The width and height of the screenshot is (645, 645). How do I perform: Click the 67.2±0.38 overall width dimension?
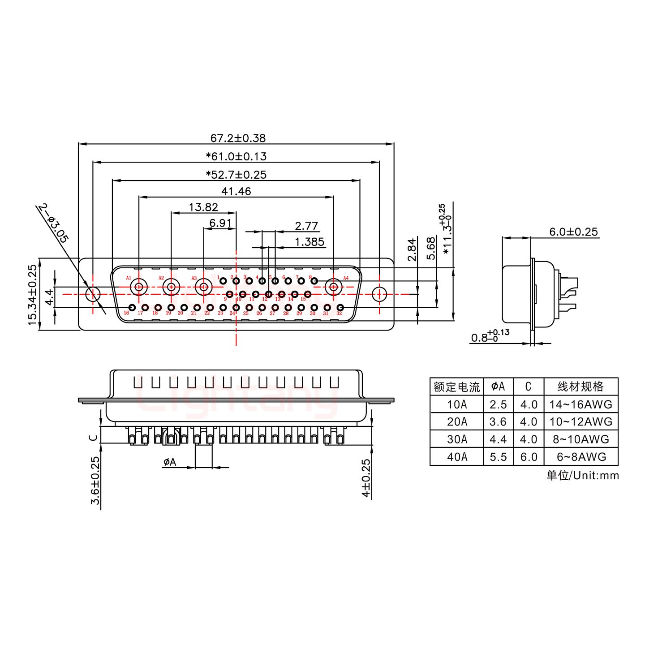pyautogui.click(x=238, y=138)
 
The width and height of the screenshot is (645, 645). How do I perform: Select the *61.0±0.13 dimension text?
pyautogui.click(x=236, y=156)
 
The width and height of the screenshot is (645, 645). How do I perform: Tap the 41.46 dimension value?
pyautogui.click(x=236, y=191)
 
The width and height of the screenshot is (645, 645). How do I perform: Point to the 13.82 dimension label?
pyautogui.click(x=203, y=207)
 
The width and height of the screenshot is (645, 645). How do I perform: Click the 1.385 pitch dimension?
pyautogui.click(x=310, y=242)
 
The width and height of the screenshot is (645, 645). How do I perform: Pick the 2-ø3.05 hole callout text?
pyautogui.click(x=53, y=223)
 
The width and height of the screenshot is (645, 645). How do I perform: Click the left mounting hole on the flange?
pyautogui.click(x=93, y=294)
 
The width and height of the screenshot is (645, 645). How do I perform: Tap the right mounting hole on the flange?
pyautogui.click(x=379, y=294)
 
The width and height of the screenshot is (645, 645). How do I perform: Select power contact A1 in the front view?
pyautogui.click(x=139, y=287)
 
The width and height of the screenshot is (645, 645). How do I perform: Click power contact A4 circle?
pyautogui.click(x=334, y=287)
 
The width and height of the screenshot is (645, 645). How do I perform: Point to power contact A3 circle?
pyautogui.click(x=204, y=287)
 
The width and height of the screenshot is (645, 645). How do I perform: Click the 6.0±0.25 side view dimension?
pyautogui.click(x=573, y=232)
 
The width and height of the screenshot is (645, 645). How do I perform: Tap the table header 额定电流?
pyautogui.click(x=456, y=387)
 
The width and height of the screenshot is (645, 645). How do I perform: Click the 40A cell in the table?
pyautogui.click(x=456, y=456)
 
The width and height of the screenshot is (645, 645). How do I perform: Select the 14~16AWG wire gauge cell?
pyautogui.click(x=580, y=404)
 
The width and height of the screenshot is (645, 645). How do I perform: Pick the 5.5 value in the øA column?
pyautogui.click(x=498, y=456)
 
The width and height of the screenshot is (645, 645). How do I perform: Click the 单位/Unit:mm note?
pyautogui.click(x=582, y=475)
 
